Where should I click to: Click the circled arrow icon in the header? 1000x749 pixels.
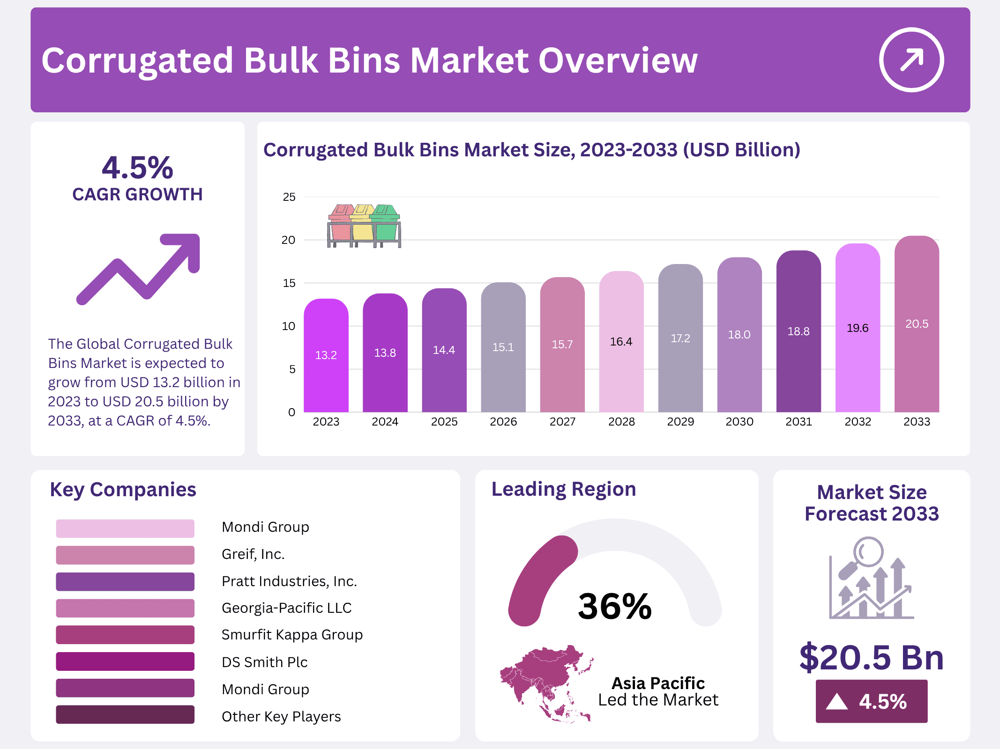tap(911, 60)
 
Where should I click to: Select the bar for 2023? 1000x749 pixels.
tap(326, 356)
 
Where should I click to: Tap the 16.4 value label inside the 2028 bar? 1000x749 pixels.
tap(621, 342)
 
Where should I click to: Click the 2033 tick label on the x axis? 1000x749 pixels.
tap(916, 422)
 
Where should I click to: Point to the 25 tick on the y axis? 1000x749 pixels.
tap(289, 197)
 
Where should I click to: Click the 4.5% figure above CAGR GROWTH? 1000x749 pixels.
tap(137, 168)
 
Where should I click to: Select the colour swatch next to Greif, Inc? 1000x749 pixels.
tap(125, 555)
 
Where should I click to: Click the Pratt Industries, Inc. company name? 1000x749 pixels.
tap(289, 581)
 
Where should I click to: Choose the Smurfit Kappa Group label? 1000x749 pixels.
tap(292, 635)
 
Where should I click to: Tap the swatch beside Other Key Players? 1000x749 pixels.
tap(125, 715)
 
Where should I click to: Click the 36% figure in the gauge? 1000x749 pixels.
tap(614, 606)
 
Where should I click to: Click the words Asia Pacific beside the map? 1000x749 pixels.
tap(658, 683)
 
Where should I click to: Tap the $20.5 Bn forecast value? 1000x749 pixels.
tap(871, 658)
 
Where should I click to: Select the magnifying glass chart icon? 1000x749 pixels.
tap(871, 578)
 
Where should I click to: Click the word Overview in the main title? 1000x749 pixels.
tap(618, 61)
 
